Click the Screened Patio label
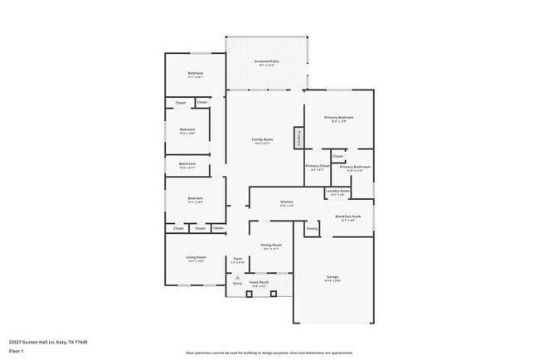[x=266, y=61]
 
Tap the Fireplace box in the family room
[x=298, y=138]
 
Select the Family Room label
[x=262, y=139]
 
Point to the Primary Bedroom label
[x=339, y=118]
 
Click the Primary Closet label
[x=318, y=167]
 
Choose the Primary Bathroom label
[x=355, y=167]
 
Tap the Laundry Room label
[x=337, y=191]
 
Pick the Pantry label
[x=313, y=228]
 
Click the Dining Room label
[x=272, y=245]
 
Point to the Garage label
[x=333, y=277]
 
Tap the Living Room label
[x=196, y=257]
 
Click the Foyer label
[x=238, y=259]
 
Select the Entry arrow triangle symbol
[x=237, y=277]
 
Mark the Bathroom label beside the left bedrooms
[x=187, y=163]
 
